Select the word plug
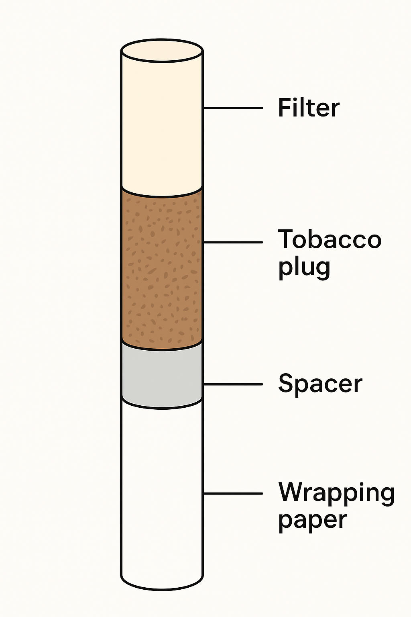coord(304,267)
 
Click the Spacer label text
coord(320,384)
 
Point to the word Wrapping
coord(337,493)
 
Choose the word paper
coord(312,521)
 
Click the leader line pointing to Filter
coord(233,108)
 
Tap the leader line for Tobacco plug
coord(233,242)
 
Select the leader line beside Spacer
coord(233,384)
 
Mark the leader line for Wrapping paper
coord(233,493)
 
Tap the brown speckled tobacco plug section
coord(162,269)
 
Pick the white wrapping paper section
coord(162,494)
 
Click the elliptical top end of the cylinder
coord(162,51)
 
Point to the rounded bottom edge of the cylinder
coord(162,589)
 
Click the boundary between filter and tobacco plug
coord(162,196)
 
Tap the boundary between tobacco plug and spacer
coord(162,349)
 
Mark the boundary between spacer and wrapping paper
coord(162,408)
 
